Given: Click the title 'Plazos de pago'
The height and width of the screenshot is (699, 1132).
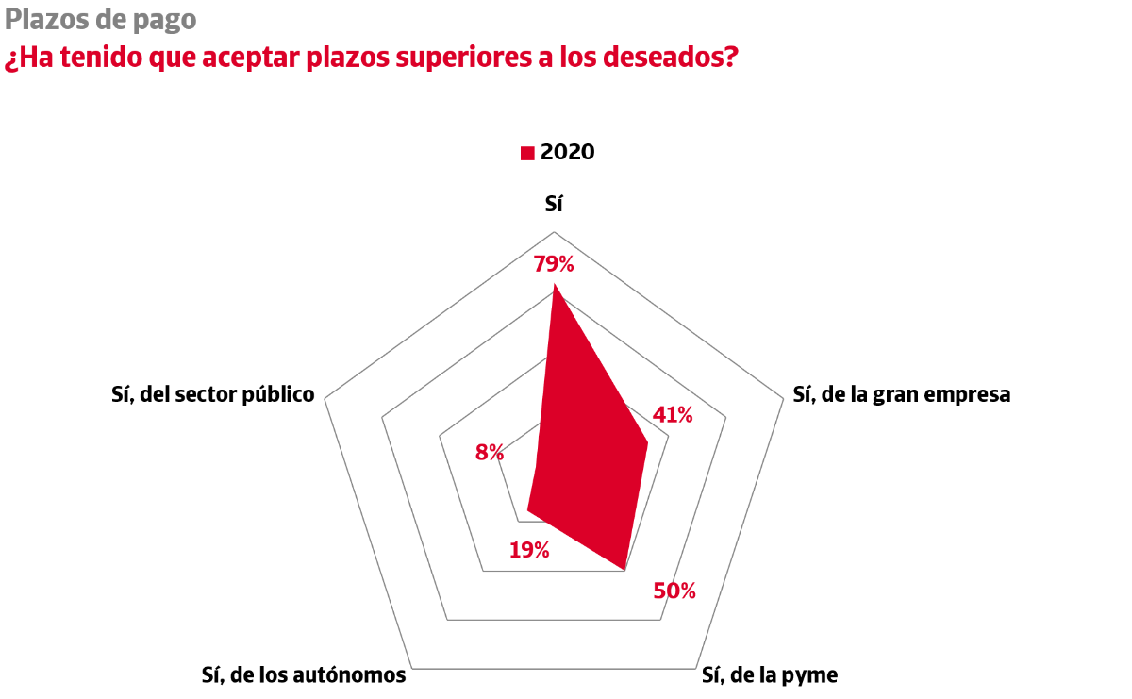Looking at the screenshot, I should tap(101, 19).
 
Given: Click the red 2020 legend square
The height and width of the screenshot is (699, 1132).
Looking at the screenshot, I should tap(527, 153).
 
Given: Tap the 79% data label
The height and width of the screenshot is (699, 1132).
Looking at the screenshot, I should tap(554, 264).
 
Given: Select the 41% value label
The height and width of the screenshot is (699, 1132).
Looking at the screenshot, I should tap(673, 414).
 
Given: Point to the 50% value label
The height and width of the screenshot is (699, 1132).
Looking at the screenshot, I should tap(674, 591).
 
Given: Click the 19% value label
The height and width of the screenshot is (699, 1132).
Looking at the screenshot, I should tap(528, 550).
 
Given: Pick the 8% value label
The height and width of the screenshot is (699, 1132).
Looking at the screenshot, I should tap(489, 452).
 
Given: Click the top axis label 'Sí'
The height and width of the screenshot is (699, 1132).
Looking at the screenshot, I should tap(554, 203).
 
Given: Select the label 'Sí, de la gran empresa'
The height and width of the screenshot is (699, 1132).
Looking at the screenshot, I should tap(901, 394).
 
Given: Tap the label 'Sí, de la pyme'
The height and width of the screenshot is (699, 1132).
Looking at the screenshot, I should tap(770, 675).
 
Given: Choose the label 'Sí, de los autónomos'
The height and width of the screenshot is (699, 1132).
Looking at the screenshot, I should tap(304, 675).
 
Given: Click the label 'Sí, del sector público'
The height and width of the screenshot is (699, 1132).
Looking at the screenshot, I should tap(212, 394).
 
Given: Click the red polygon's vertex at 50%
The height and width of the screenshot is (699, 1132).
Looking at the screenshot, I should tap(624, 569).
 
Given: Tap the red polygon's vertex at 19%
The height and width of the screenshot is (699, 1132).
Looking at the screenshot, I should tap(527, 511).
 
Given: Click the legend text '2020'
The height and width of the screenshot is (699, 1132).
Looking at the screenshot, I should tap(568, 152).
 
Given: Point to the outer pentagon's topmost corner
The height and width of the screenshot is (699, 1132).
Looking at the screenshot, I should tap(554, 232).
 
